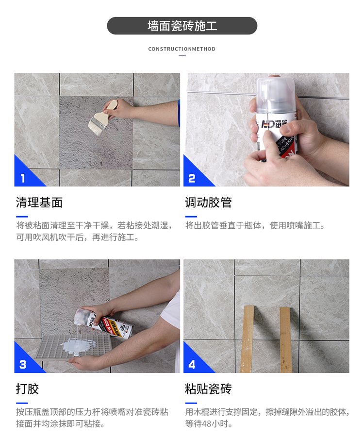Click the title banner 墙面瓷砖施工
[182, 26]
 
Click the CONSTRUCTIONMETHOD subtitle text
[182, 49]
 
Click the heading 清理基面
[39, 203]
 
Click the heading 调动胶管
[208, 203]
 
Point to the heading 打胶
[27, 389]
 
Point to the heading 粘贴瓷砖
[208, 389]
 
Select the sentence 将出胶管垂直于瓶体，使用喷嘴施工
[255, 225]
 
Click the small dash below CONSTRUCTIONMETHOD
[182, 55]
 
